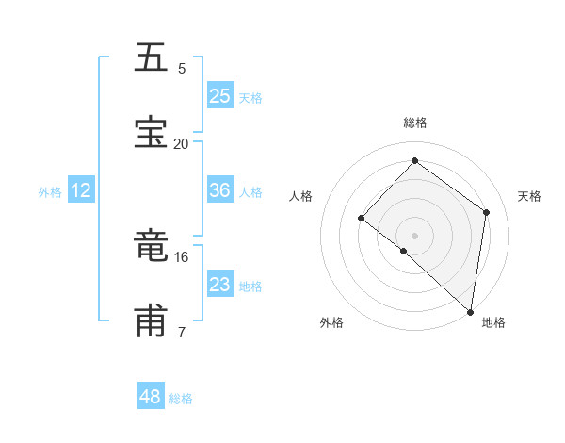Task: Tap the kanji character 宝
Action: coord(152,132)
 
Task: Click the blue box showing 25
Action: coord(220,95)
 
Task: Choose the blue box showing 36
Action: coord(220,190)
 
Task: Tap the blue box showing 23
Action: coord(220,284)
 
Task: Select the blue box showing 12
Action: coord(81,190)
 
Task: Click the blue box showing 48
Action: coord(151,397)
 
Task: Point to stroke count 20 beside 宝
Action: coord(181,143)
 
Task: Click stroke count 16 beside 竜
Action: coord(181,256)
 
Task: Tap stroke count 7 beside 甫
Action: coord(181,332)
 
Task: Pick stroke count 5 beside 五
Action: coord(181,68)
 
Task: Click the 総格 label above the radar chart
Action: coord(415,123)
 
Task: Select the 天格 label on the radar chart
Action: coord(529,196)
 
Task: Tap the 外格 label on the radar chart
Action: coord(331,322)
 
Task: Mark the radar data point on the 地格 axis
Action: coord(471,311)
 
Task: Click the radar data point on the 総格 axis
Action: coord(414,161)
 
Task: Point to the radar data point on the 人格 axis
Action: coord(362,218)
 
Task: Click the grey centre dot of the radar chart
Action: coord(414,235)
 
